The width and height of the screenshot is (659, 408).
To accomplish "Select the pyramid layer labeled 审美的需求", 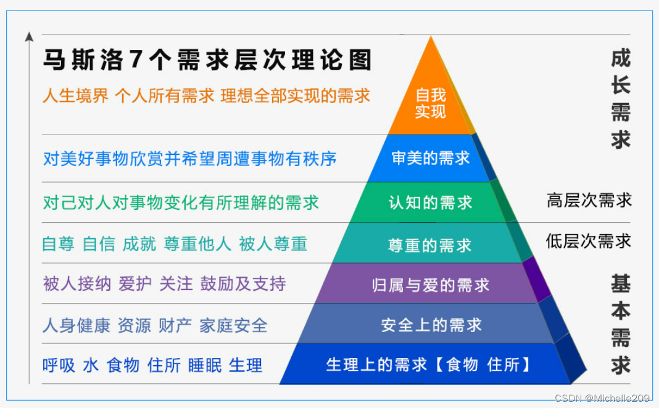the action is (x=430, y=158).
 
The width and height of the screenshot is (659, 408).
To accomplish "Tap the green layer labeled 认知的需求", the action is (x=430, y=202).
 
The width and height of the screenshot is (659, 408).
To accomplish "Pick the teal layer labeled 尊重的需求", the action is (x=429, y=243).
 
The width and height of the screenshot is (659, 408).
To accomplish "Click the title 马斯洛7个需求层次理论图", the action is (x=207, y=60).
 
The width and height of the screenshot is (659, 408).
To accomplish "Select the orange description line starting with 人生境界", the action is (x=206, y=96).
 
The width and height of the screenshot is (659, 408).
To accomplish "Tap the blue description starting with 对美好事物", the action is (x=190, y=159).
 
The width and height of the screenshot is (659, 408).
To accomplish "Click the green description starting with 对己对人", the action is (x=181, y=202).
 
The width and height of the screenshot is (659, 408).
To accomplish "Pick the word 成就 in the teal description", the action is (x=139, y=244).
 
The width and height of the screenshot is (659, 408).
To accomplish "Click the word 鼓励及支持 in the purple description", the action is (x=243, y=284).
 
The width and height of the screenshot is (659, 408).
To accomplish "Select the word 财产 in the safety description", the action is (x=175, y=325).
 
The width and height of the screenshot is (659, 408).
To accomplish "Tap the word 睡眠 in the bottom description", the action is (x=205, y=365).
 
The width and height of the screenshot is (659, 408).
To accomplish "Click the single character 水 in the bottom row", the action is (x=91, y=365).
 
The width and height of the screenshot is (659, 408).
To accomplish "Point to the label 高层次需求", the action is (x=589, y=200).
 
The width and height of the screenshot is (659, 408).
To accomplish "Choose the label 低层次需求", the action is (x=589, y=241).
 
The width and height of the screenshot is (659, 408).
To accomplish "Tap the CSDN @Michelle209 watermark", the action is (x=602, y=398).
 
